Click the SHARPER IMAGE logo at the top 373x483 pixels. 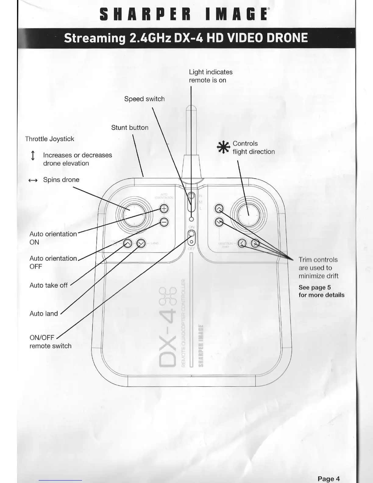pyautogui.click(x=184, y=14)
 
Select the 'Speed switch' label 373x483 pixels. pyautogui.click(x=144, y=99)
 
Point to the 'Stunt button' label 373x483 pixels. pyautogui.click(x=130, y=127)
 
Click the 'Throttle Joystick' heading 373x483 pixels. pyautogui.click(x=49, y=139)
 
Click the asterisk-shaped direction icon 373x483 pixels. pyautogui.click(x=223, y=147)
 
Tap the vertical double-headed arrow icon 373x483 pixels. pyautogui.click(x=33, y=156)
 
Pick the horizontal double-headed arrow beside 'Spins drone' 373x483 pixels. pyautogui.click(x=33, y=180)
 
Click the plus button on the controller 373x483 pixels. pyautogui.click(x=164, y=209)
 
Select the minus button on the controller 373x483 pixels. pyautogui.click(x=164, y=222)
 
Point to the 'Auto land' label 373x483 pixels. pyautogui.click(x=44, y=313)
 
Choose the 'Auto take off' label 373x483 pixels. pyautogui.click(x=48, y=285)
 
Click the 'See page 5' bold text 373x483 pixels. pyautogui.click(x=314, y=287)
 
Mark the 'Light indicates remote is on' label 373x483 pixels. pyautogui.click(x=210, y=76)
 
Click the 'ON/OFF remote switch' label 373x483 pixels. pyautogui.click(x=50, y=342)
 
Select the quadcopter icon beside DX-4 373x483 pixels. pyautogui.click(x=168, y=296)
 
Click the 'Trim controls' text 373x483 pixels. pyautogui.click(x=318, y=260)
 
